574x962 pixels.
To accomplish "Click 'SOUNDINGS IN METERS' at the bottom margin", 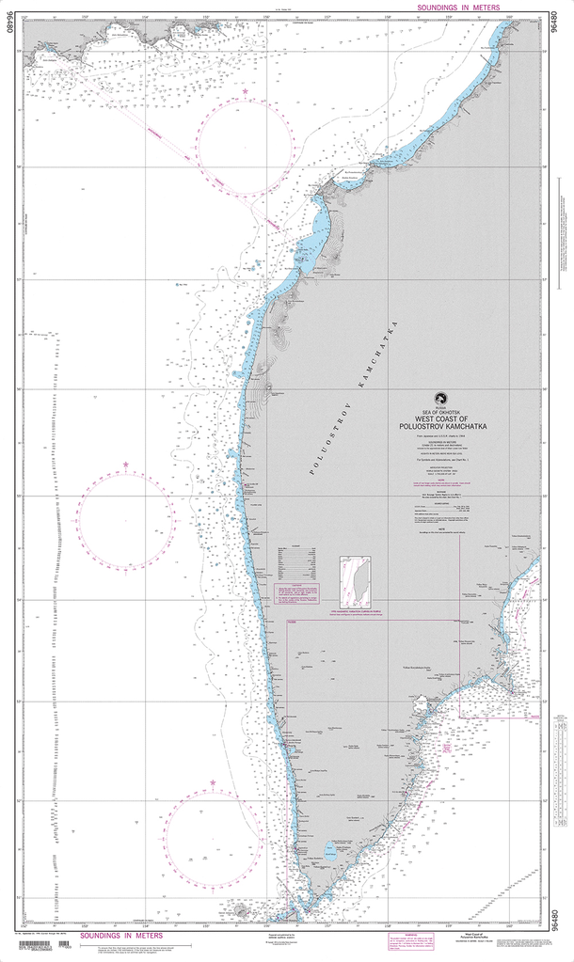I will [x=120, y=936].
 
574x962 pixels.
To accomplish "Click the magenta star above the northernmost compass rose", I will [x=246, y=91].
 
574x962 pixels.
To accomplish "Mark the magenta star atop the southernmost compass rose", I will [x=213, y=782].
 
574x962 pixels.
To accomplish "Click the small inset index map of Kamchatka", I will [x=355, y=583].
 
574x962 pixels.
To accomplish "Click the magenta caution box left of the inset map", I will [x=297, y=593].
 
